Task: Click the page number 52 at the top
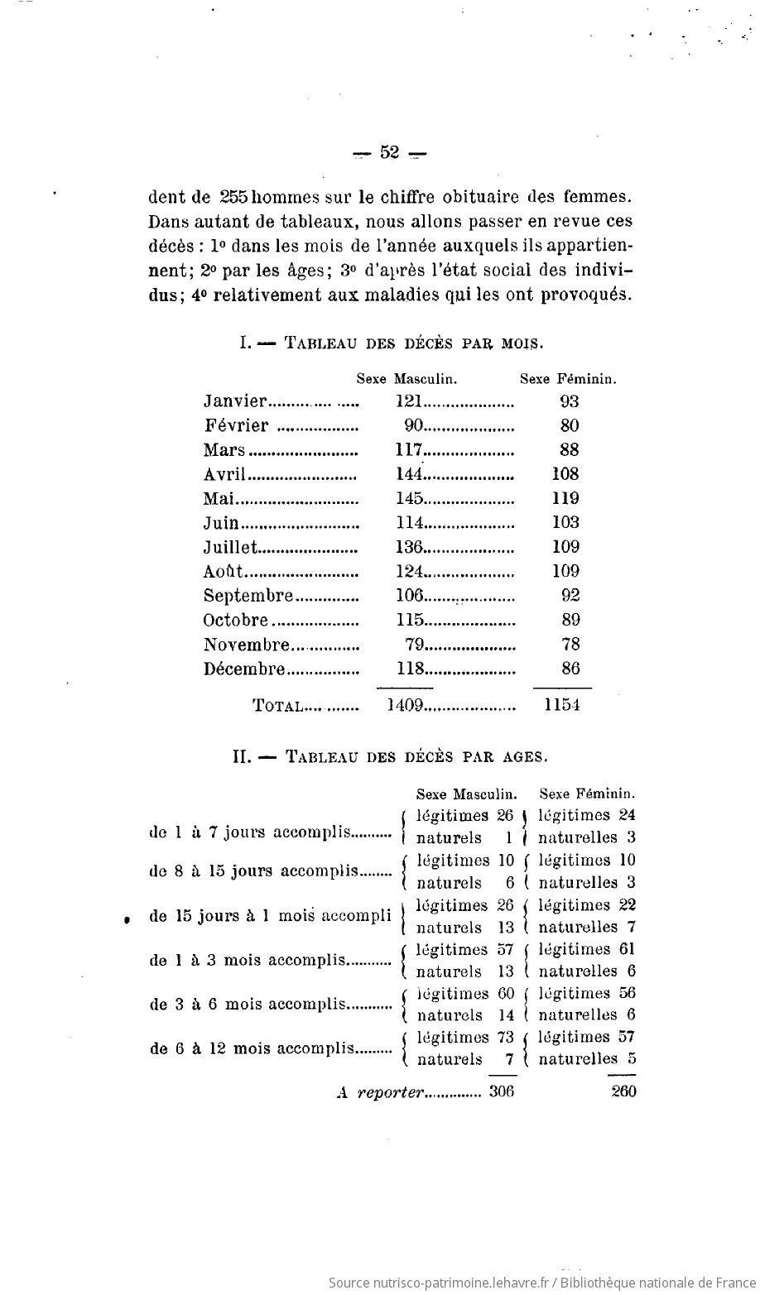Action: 390,152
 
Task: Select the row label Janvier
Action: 235,401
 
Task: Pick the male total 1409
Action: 406,706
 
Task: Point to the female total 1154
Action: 563,706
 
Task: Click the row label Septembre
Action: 249,595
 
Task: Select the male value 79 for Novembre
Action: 416,644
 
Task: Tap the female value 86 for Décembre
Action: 570,668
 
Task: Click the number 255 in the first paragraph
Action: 233,199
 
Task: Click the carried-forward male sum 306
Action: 502,1091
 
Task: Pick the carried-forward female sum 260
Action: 623,1091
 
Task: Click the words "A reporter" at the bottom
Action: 380,1092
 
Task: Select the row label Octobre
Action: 237,620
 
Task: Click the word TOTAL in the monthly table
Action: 276,706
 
